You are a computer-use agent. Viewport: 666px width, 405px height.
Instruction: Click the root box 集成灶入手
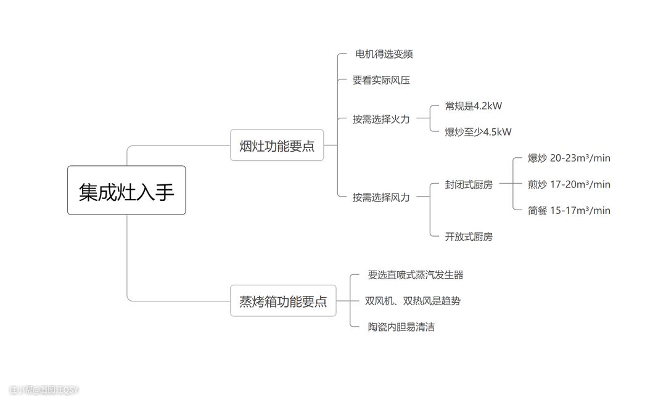tap(126, 190)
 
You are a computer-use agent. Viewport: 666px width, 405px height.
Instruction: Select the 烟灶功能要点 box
tap(277, 145)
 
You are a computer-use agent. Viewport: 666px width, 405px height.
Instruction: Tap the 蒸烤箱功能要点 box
tap(283, 301)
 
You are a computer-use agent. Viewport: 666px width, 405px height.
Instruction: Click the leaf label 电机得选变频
tap(384, 54)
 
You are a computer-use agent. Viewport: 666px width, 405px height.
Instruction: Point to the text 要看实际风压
tap(381, 80)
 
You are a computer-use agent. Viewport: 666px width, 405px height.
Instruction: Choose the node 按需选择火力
tap(381, 119)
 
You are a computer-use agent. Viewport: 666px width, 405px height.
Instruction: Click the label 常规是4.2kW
tap(474, 106)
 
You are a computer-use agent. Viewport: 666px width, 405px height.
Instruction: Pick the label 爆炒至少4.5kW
tap(478, 132)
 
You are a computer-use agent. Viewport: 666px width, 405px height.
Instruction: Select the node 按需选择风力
tap(381, 197)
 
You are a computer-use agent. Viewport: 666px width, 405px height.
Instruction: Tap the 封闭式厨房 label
tap(469, 184)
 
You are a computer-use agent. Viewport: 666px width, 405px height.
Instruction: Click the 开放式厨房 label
tap(469, 237)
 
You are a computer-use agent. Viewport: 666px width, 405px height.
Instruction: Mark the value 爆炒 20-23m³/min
tap(569, 158)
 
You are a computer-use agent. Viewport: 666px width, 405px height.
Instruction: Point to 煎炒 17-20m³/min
tap(569, 184)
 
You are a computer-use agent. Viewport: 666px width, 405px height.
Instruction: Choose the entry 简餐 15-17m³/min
tap(569, 210)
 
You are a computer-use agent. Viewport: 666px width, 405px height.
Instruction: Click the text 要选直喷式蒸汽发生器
tap(415, 275)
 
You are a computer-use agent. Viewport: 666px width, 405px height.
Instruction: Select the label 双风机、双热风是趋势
tap(413, 301)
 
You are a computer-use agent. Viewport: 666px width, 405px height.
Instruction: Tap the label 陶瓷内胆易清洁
tap(401, 327)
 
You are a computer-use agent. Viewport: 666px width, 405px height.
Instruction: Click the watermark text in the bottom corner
tap(44, 390)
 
